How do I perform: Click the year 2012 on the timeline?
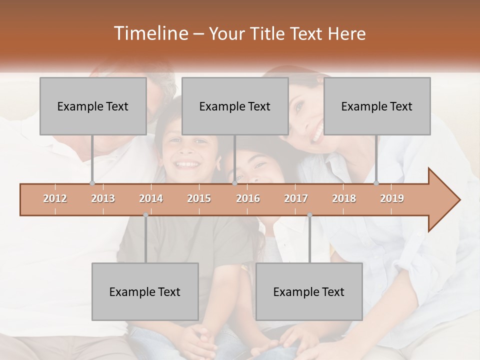pos(55,198)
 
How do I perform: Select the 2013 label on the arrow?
pos(103,198)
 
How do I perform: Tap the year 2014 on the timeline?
pos(151,198)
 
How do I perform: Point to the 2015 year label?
pos(199,198)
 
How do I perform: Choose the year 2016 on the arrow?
pos(248,198)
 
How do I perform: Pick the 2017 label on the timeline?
pos(296,198)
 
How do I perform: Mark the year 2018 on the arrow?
pos(344,198)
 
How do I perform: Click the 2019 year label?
pos(392,198)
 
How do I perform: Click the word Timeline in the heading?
pos(150,33)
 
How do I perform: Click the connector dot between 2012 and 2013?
pos(92,183)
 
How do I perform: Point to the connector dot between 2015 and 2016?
pos(234,183)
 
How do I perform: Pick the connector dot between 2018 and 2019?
pos(376,183)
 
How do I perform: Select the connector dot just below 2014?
pos(145,215)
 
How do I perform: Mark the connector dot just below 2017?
pos(309,215)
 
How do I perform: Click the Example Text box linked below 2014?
pos(145,291)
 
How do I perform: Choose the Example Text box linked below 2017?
pos(309,291)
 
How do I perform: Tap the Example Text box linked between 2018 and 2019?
pos(377,106)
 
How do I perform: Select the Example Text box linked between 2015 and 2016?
pos(235,106)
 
